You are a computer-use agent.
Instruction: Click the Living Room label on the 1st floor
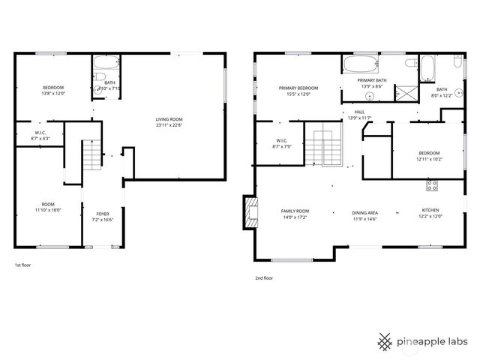click(x=169, y=122)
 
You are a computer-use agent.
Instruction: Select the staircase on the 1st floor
click(x=90, y=156)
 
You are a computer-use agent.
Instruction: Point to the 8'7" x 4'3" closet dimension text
click(x=40, y=138)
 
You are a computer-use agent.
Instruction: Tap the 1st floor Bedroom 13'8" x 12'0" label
click(x=52, y=91)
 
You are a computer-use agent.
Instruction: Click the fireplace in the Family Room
click(x=249, y=212)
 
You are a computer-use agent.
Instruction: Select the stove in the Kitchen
click(x=433, y=184)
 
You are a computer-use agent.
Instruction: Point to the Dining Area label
click(x=364, y=215)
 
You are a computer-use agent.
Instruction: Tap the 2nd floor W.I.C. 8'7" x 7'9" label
click(x=282, y=143)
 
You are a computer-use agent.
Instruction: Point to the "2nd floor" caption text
click(x=264, y=278)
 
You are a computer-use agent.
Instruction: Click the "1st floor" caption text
click(x=23, y=265)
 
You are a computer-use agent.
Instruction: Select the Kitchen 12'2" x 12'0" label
click(x=430, y=213)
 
